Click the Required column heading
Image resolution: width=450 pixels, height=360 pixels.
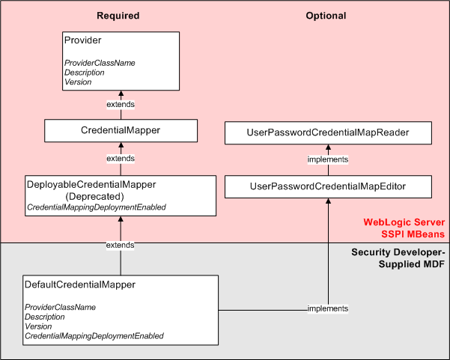pos(118,16)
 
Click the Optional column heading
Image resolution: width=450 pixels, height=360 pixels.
pos(326,16)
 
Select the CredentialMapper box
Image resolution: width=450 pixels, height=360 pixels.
pos(120,131)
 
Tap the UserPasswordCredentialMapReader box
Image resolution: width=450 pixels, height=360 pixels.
pos(328,133)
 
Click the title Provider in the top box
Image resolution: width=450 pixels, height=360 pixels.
pos(82,40)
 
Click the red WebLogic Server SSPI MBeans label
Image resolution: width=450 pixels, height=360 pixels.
pos(404,228)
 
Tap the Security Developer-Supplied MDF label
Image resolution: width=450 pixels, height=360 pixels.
pos(399,258)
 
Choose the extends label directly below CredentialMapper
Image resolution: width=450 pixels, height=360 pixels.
pos(120,159)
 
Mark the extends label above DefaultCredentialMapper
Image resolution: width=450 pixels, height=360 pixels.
pos(120,245)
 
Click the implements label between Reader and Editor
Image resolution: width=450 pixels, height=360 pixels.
pos(328,159)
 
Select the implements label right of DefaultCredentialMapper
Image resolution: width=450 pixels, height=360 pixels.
pos(328,308)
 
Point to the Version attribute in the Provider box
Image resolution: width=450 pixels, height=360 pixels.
pos(78,82)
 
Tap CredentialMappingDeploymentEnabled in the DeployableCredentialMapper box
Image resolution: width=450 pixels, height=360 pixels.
pos(96,207)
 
